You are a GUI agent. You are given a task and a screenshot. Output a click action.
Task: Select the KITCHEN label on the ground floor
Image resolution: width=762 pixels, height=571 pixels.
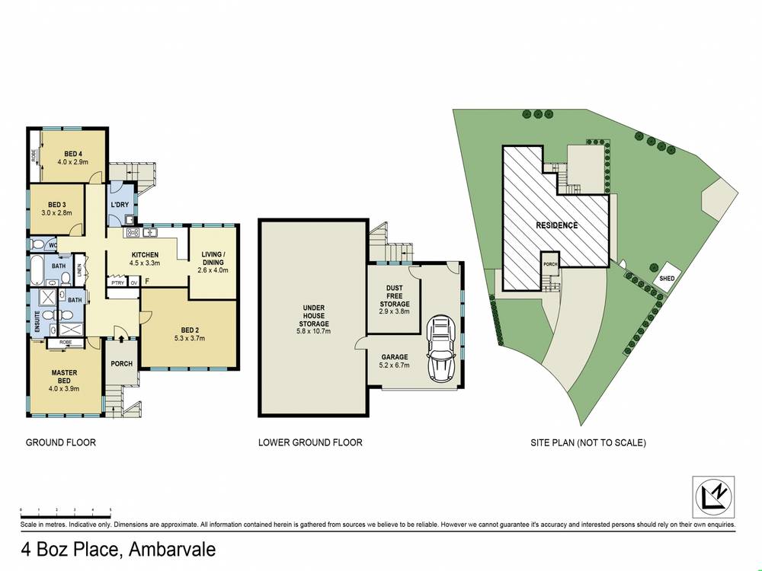click(145, 254)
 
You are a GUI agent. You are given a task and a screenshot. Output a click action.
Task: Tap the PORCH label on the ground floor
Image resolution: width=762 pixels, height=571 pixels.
click(121, 364)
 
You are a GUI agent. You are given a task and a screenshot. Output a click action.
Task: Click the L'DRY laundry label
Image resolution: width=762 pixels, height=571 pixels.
click(120, 206)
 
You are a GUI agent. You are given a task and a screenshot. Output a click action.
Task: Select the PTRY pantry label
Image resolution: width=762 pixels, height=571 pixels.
click(117, 282)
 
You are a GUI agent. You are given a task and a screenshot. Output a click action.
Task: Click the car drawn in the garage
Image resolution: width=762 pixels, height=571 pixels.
click(441, 348)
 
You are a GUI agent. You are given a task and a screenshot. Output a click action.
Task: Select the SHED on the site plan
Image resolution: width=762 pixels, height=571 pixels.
click(667, 279)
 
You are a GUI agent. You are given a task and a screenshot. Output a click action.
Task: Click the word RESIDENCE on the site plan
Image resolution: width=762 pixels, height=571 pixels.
click(556, 225)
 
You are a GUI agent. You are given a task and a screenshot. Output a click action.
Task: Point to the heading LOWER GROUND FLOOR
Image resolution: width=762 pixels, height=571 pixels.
click(310, 442)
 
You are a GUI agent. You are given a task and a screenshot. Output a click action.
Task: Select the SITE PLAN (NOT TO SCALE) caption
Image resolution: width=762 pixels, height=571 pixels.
click(588, 442)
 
